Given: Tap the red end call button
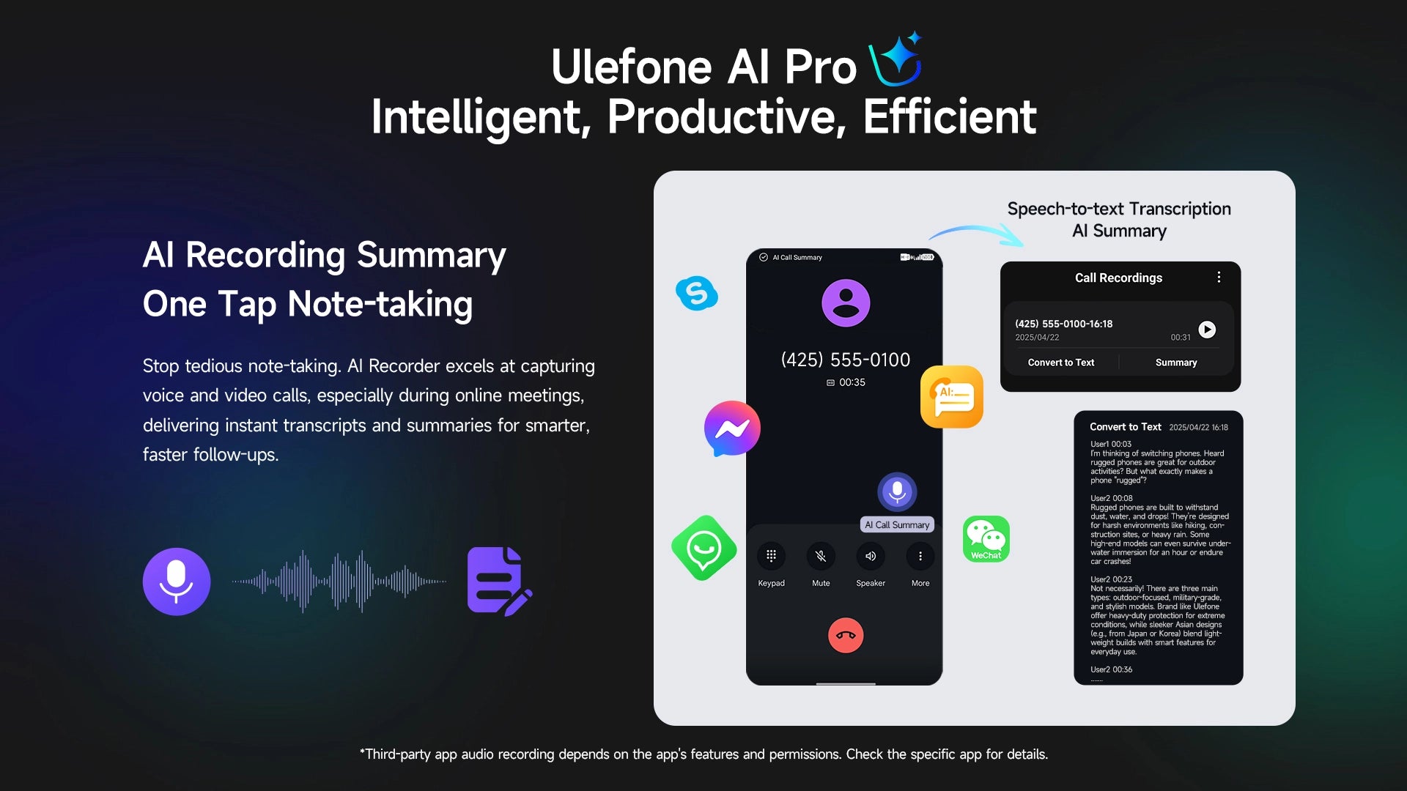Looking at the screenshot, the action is coord(846,635).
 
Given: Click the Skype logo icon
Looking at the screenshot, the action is coord(696,293).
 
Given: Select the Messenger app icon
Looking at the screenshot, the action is coord(731,428).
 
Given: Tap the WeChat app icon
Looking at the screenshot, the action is coord(986,539).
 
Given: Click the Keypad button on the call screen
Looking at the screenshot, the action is coord(771,556).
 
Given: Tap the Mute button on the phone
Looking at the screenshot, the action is coord(821,556).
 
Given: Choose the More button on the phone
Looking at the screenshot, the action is coord(920,556).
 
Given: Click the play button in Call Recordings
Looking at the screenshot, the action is coord(1207,330).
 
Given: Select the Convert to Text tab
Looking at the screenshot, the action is coord(1060,363).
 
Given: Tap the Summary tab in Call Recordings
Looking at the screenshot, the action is coord(1176,363).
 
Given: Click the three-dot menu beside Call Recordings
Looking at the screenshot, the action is coord(1219,277).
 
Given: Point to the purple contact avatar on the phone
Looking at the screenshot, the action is coord(846,302).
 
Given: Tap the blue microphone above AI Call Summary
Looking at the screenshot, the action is coord(897,491).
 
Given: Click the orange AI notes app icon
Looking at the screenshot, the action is coord(951,396).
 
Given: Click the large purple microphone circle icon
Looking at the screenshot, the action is coord(177,582).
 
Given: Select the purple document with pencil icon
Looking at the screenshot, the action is coord(498,581).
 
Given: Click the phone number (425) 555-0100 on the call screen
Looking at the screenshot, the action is coord(846,360).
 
